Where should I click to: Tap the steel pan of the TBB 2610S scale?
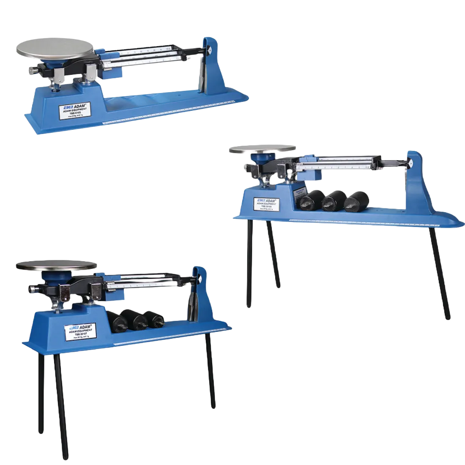(x=262, y=149)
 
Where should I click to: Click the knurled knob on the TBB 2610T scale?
(x=33, y=289)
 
